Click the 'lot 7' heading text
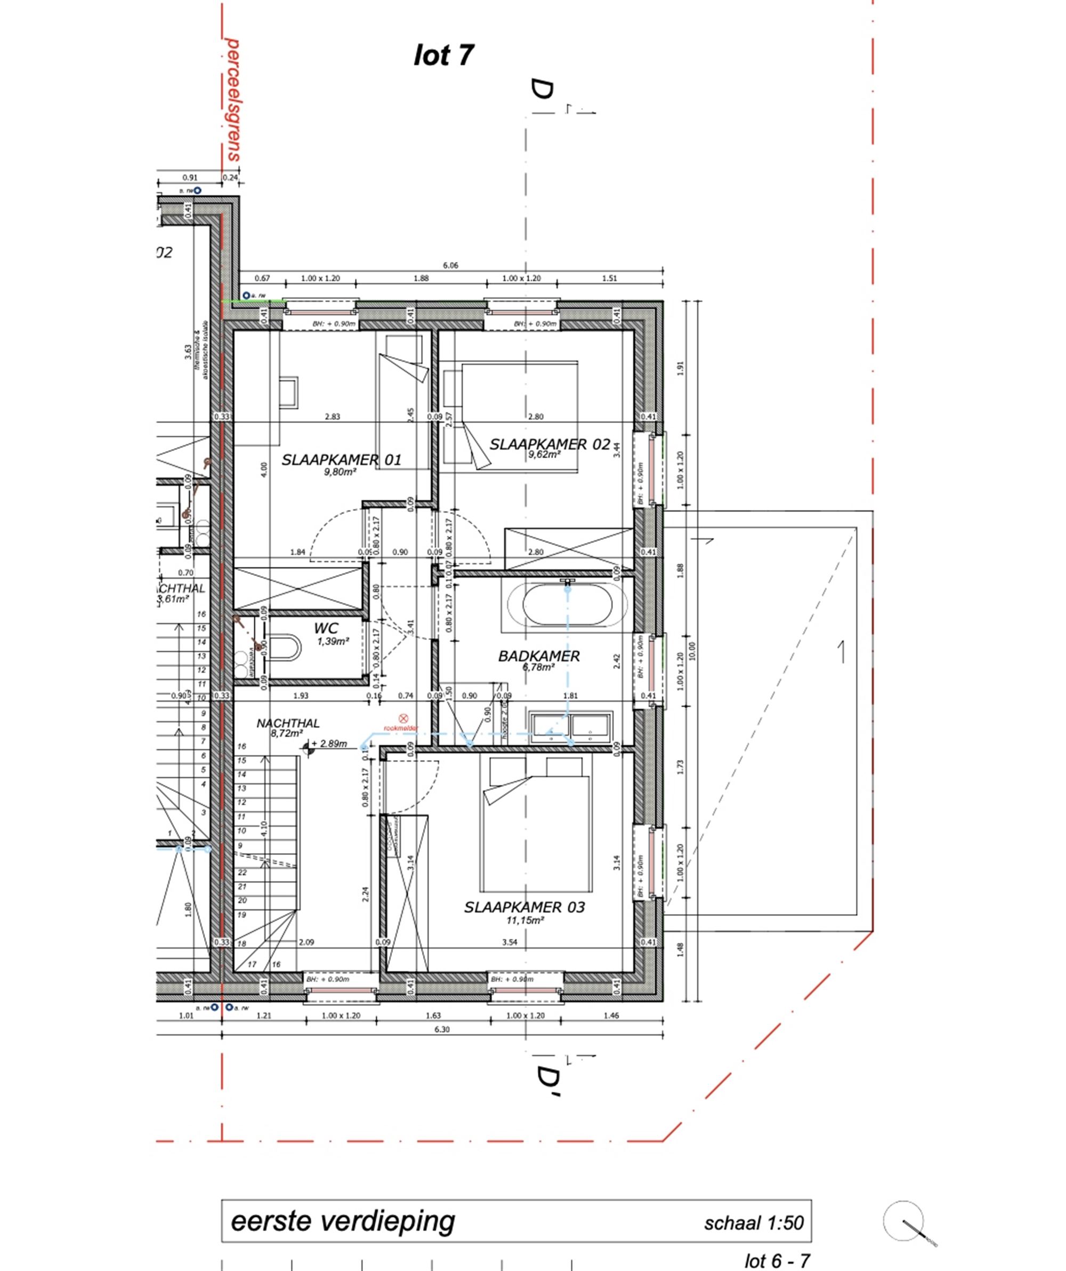[x=443, y=55]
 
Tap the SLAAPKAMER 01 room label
[x=341, y=460]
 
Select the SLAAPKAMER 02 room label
[x=550, y=444]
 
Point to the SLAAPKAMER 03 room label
[x=524, y=907]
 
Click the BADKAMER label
[x=538, y=656]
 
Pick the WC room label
[x=326, y=628]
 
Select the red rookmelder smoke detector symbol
[x=403, y=718]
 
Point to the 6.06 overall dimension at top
[x=451, y=265]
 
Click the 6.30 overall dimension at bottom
[x=442, y=1029]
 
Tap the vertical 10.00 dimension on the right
[x=693, y=651]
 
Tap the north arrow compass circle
[x=903, y=1221]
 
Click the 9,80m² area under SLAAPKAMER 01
[x=340, y=472]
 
